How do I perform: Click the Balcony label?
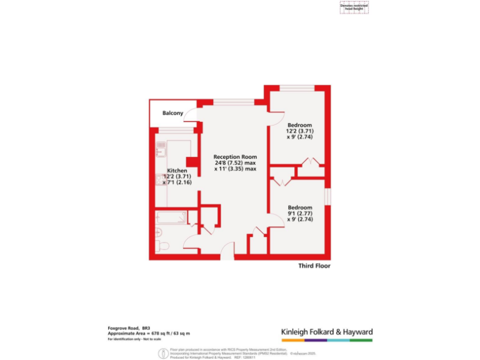coord(172,113)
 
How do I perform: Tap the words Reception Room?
coord(235,156)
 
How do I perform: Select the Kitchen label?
coord(177,171)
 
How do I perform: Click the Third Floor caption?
coord(314,266)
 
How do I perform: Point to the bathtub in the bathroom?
coord(171,218)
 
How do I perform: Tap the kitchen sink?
coord(160,151)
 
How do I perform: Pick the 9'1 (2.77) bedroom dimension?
coord(300,214)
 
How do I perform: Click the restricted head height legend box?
coord(354,7)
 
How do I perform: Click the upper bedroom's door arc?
coord(276,113)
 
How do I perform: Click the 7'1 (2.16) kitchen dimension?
coord(177,182)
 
